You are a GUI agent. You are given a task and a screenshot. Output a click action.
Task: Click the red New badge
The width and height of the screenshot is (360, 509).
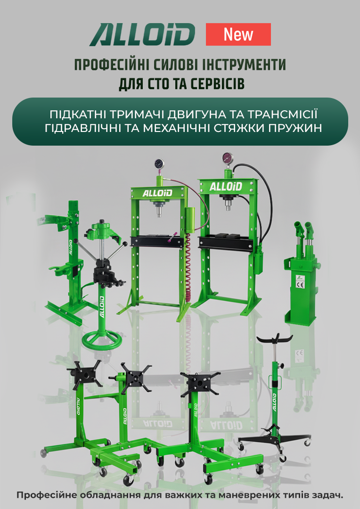(238, 34)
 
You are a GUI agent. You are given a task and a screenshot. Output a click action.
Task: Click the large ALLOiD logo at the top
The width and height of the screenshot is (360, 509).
(142, 34)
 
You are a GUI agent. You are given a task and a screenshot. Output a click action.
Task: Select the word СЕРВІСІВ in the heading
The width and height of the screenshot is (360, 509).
(217, 84)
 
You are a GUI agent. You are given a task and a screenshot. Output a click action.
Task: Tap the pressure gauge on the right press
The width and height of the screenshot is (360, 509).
(228, 158)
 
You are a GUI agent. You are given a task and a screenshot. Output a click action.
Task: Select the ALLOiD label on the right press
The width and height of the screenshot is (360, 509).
(226, 187)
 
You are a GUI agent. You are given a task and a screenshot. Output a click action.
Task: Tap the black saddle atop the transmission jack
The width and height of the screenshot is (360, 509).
(275, 339)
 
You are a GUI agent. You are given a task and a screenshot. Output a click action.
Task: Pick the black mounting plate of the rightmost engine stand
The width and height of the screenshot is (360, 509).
(199, 384)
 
